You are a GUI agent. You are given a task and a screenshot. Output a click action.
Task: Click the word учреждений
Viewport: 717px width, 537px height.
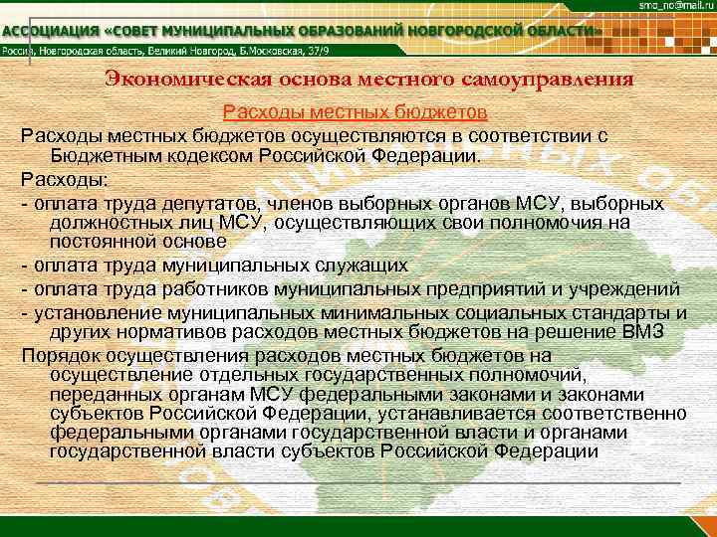click(x=618, y=288)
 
